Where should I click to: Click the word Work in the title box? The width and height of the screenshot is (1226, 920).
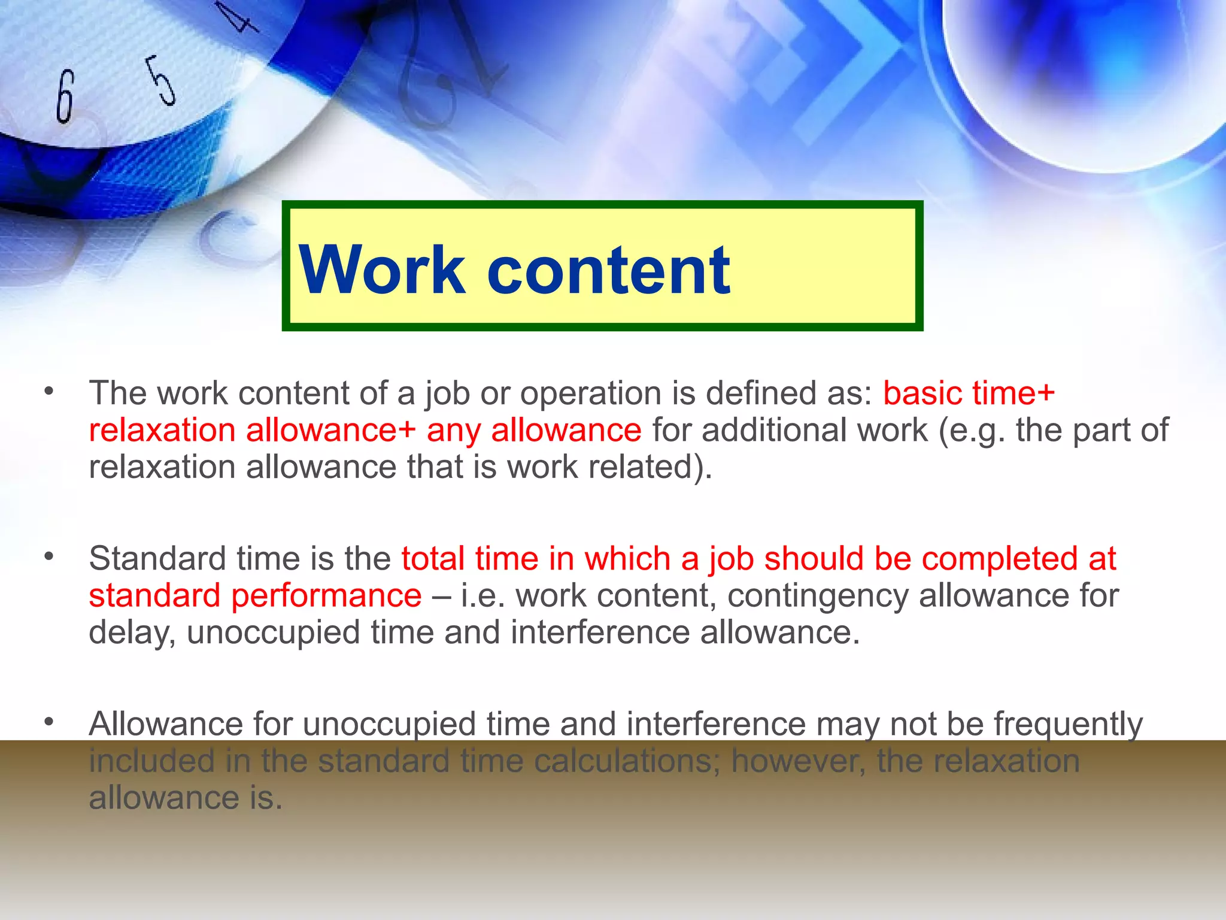[382, 270]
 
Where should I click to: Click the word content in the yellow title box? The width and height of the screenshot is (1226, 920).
[608, 270]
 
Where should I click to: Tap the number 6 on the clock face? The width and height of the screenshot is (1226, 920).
[65, 96]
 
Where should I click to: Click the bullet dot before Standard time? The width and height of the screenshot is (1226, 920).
[48, 557]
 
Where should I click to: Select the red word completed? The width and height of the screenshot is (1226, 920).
[994, 559]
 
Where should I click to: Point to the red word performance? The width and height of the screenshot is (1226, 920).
[326, 596]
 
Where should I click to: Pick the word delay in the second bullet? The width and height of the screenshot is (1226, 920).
[128, 633]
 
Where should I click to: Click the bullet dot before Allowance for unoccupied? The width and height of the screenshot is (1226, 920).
[48, 722]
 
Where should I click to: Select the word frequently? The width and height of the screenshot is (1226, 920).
[1068, 725]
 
